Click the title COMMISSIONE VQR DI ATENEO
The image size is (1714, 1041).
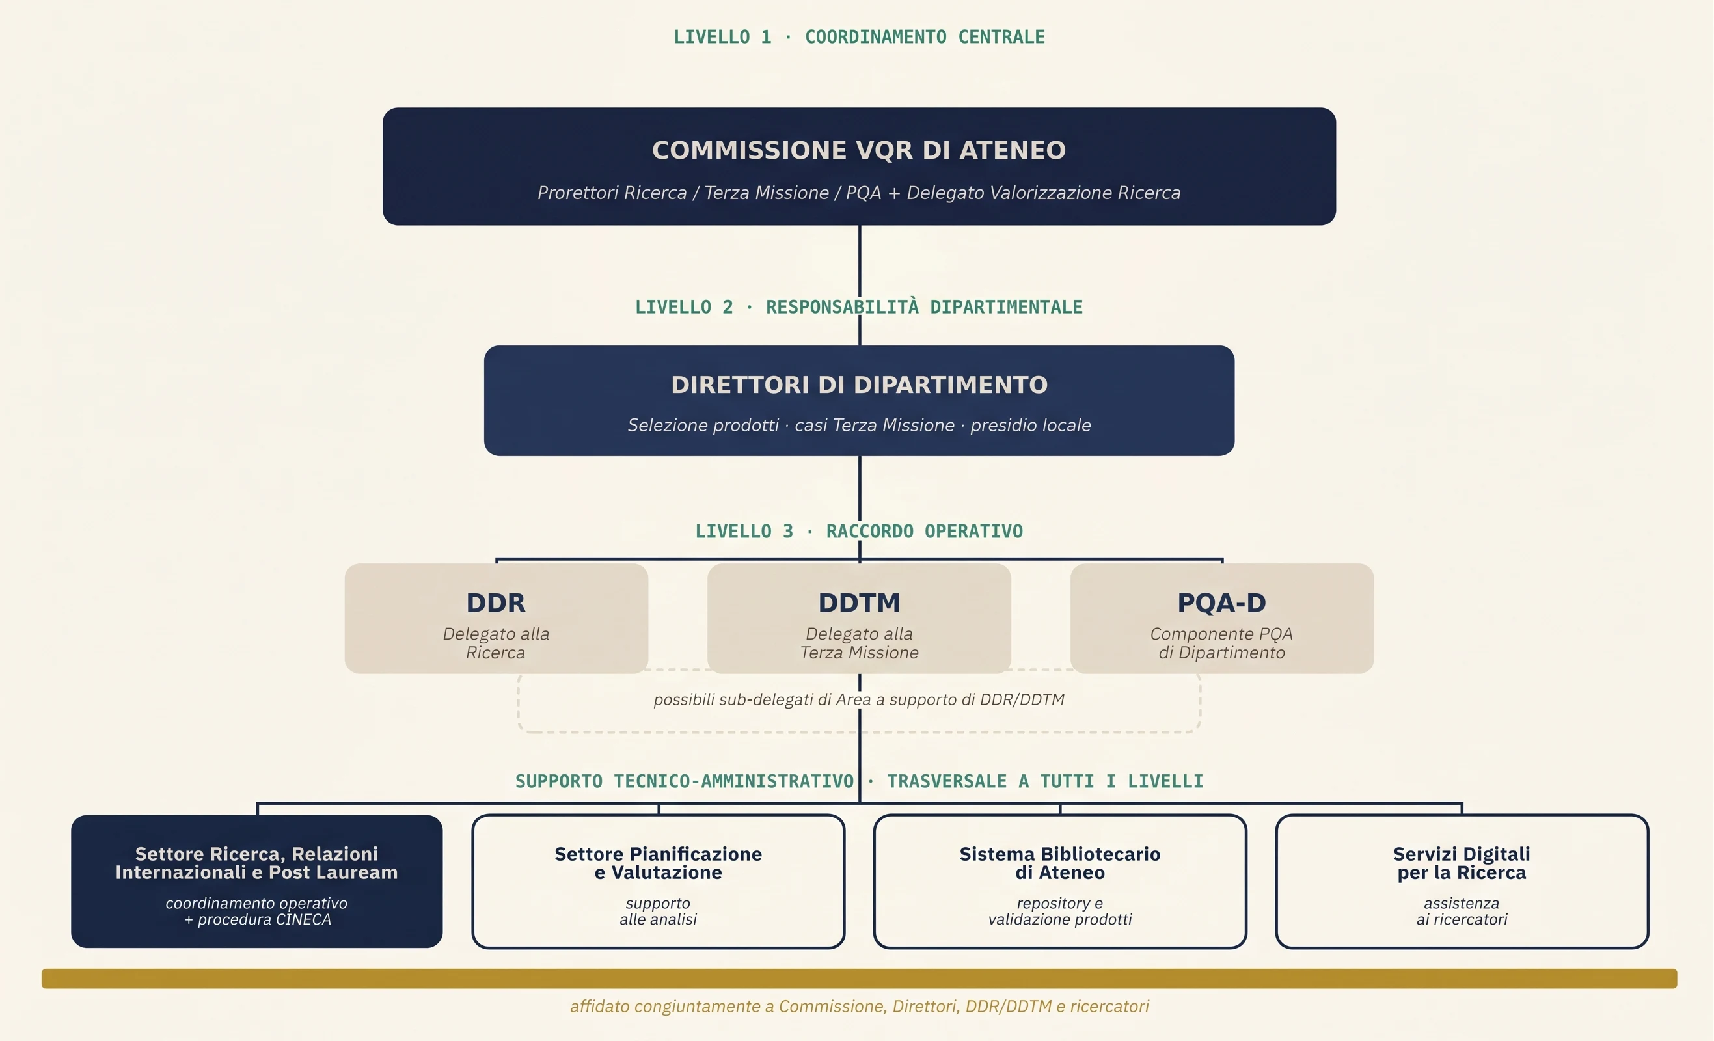tap(858, 150)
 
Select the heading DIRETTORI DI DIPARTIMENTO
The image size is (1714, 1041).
tap(859, 385)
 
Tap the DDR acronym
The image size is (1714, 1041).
tap(496, 602)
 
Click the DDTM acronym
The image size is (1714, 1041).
tap(859, 602)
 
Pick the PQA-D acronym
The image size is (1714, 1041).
tap(1221, 602)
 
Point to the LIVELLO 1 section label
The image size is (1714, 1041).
tap(859, 37)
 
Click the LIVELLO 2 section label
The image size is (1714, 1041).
tap(859, 306)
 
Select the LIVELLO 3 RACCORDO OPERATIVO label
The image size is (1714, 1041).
tap(859, 532)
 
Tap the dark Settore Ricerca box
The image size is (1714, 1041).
tap(256, 881)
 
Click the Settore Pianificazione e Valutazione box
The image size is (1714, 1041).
tap(658, 881)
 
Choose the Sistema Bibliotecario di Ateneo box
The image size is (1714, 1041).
tap(1060, 881)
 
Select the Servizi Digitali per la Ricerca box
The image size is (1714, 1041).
tap(1462, 881)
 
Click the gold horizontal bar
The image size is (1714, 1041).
tap(859, 979)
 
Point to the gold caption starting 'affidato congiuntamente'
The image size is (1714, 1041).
tap(859, 1007)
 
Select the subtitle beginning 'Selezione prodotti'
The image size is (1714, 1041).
tap(859, 425)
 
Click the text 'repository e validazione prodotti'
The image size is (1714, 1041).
tap(1060, 911)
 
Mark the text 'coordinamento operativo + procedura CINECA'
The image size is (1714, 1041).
tap(256, 911)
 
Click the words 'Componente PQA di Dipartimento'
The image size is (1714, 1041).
tap(1221, 643)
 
